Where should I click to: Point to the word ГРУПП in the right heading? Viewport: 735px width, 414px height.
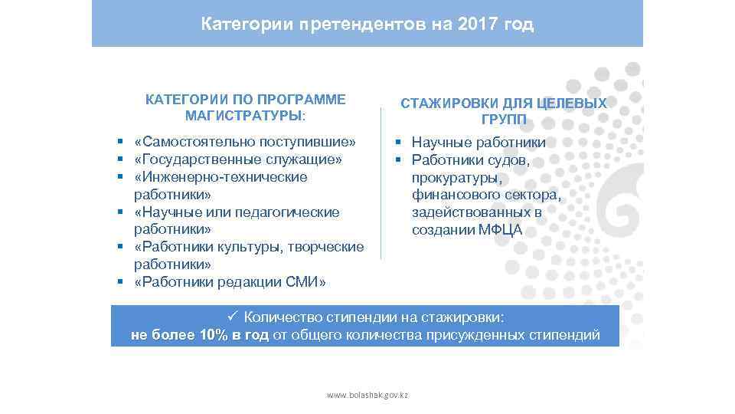click(504, 120)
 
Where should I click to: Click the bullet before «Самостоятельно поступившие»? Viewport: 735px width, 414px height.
click(121, 143)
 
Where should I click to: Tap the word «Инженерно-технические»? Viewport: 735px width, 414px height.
click(220, 177)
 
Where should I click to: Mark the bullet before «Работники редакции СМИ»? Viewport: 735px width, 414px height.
click(121, 282)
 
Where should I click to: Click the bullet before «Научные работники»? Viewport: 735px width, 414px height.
click(398, 143)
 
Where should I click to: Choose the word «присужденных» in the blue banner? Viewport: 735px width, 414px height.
click(479, 335)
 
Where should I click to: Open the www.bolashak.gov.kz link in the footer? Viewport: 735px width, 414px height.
click(367, 395)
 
